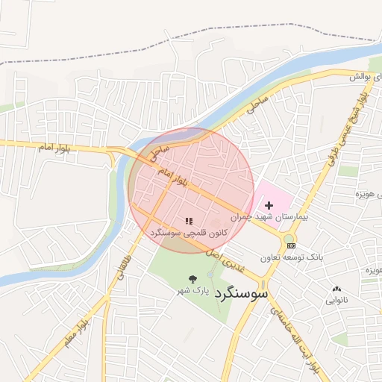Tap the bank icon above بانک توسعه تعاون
(x=291, y=245)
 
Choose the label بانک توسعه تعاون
(x=292, y=257)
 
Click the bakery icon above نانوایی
(x=336, y=289)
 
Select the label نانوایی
(x=336, y=301)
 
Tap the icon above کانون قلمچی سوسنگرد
(x=189, y=221)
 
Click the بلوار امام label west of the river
(x=57, y=148)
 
